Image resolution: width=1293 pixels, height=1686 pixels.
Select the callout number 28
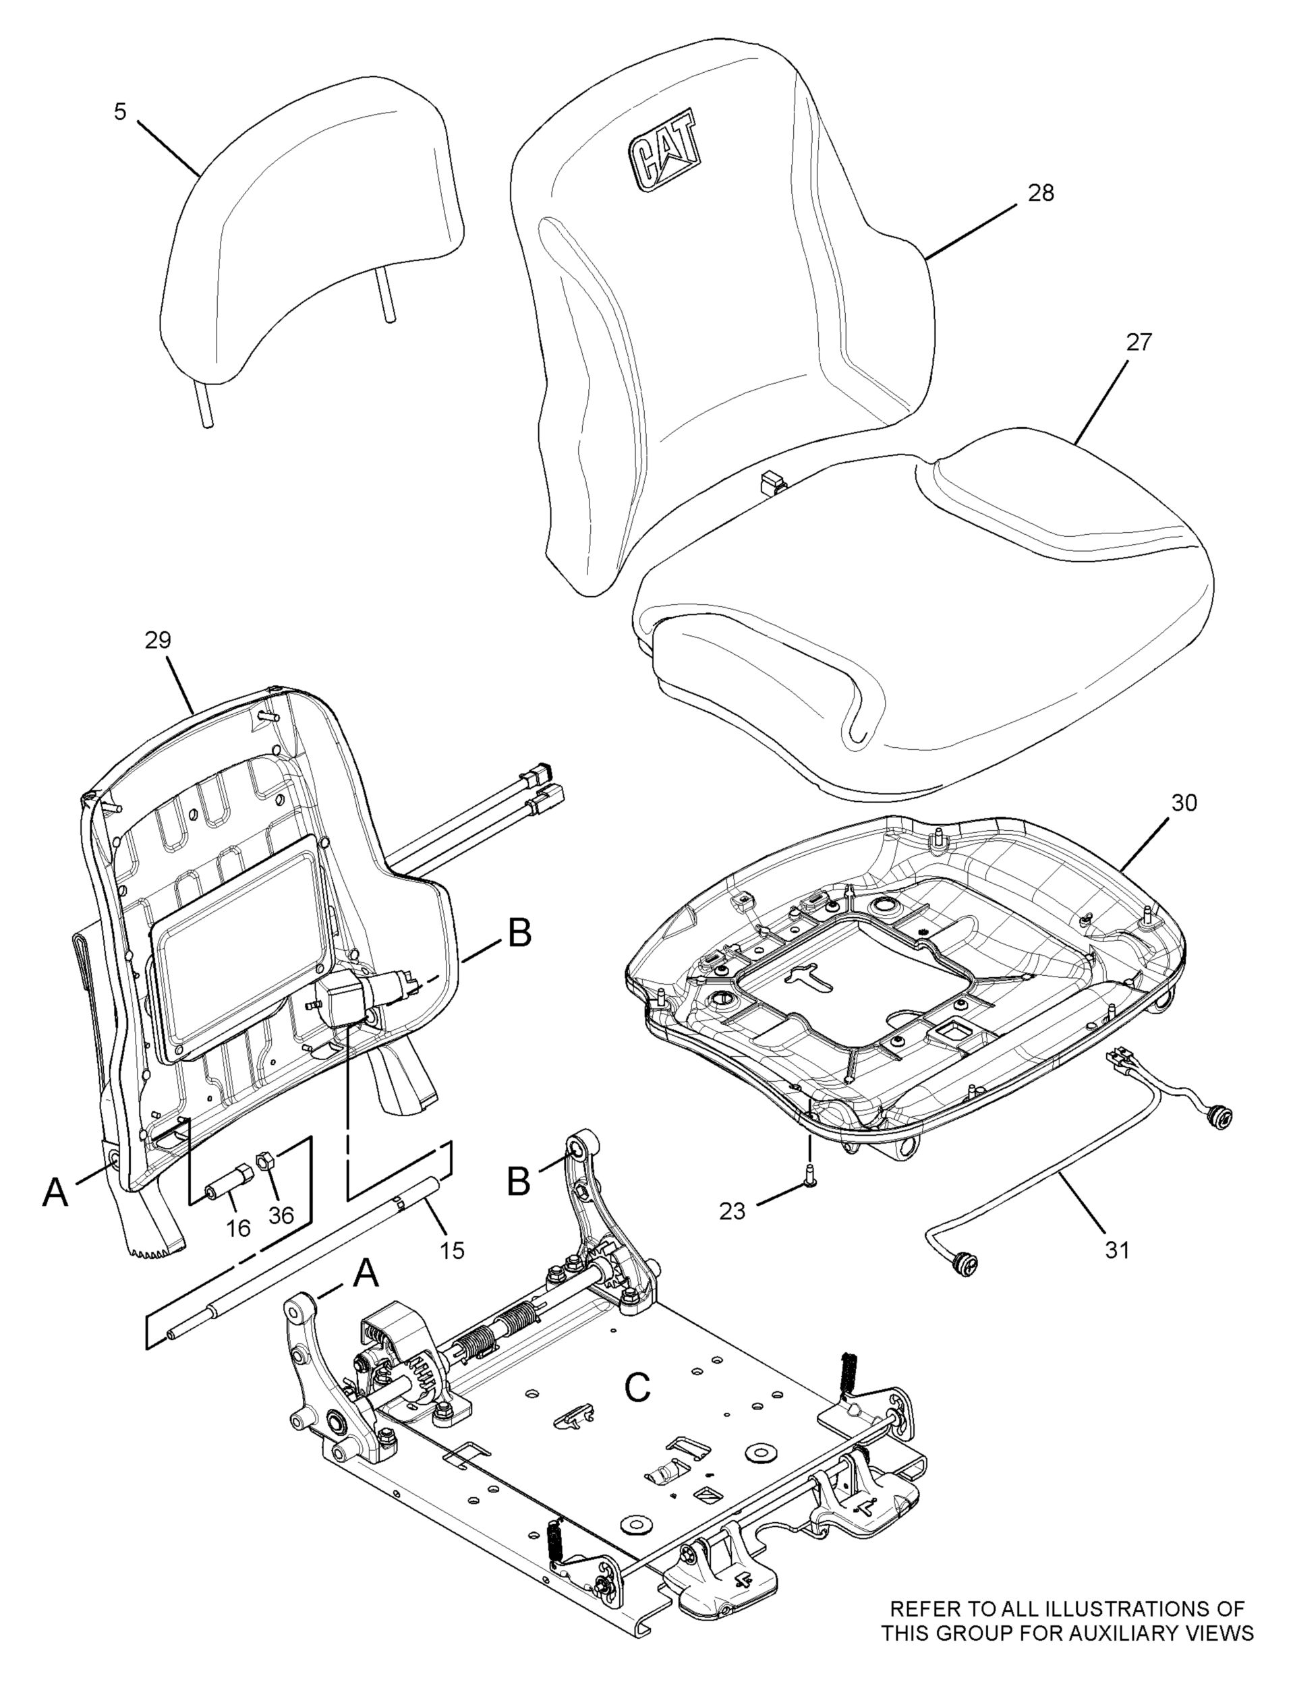coord(1041,192)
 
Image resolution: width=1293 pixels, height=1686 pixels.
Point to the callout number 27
coord(1139,343)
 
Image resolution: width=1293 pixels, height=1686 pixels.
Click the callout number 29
coord(158,640)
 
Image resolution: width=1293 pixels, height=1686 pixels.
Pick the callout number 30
coord(1184,803)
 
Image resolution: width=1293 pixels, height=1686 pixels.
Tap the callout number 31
coord(1117,1250)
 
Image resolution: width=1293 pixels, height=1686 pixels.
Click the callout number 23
coord(732,1211)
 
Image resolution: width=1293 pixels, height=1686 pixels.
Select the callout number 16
coord(239,1227)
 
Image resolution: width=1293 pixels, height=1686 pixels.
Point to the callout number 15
coord(453,1250)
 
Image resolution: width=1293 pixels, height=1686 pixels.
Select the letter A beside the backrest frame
coord(55,1192)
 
